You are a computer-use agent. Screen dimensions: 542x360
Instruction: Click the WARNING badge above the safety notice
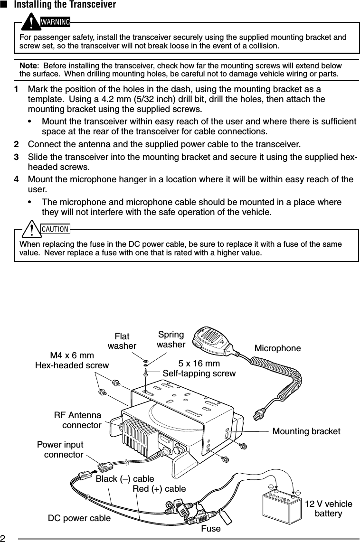(x=50, y=22)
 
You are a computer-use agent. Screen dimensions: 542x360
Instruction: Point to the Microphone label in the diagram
(x=278, y=349)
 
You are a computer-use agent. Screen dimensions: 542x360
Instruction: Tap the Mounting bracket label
(x=306, y=431)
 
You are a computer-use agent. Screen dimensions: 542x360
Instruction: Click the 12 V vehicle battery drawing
(x=282, y=505)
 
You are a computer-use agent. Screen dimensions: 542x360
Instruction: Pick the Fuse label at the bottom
(x=211, y=528)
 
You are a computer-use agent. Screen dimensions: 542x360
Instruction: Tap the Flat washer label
(x=122, y=341)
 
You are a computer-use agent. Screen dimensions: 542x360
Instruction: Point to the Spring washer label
(x=171, y=339)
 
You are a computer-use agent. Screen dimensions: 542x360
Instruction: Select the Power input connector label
(x=60, y=450)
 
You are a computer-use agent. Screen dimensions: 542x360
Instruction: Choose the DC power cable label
(x=80, y=518)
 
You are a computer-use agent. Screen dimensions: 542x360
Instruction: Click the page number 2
(x=3, y=537)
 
